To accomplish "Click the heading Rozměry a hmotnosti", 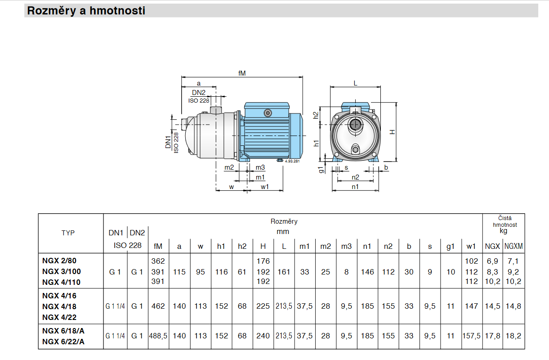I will point(86,11).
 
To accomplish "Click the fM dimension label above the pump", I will point(242,73).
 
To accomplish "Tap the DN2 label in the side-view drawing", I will point(199,93).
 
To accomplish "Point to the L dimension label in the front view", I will point(355,83).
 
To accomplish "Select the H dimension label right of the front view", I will point(392,131).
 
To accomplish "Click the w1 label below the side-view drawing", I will point(264,187).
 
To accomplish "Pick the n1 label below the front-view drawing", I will point(355,187).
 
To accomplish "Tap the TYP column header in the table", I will point(68,233).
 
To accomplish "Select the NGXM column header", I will point(513,246).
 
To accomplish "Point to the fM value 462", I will point(158,306).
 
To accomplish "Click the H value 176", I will point(263,261).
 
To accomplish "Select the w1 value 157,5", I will point(472,336).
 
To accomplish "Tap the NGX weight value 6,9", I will point(492,261).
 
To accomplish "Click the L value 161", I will point(284,272).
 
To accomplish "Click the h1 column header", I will point(221,246).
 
